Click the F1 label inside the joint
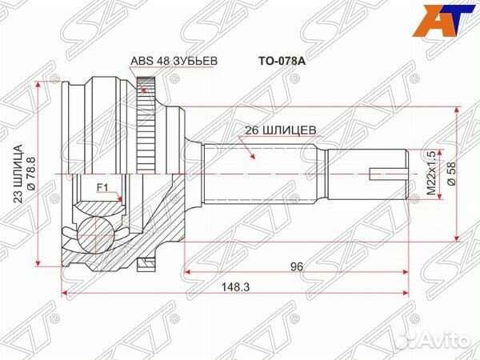coord(102,188)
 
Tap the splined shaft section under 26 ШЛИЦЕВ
coord(264,171)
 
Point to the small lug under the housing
coord(145,260)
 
